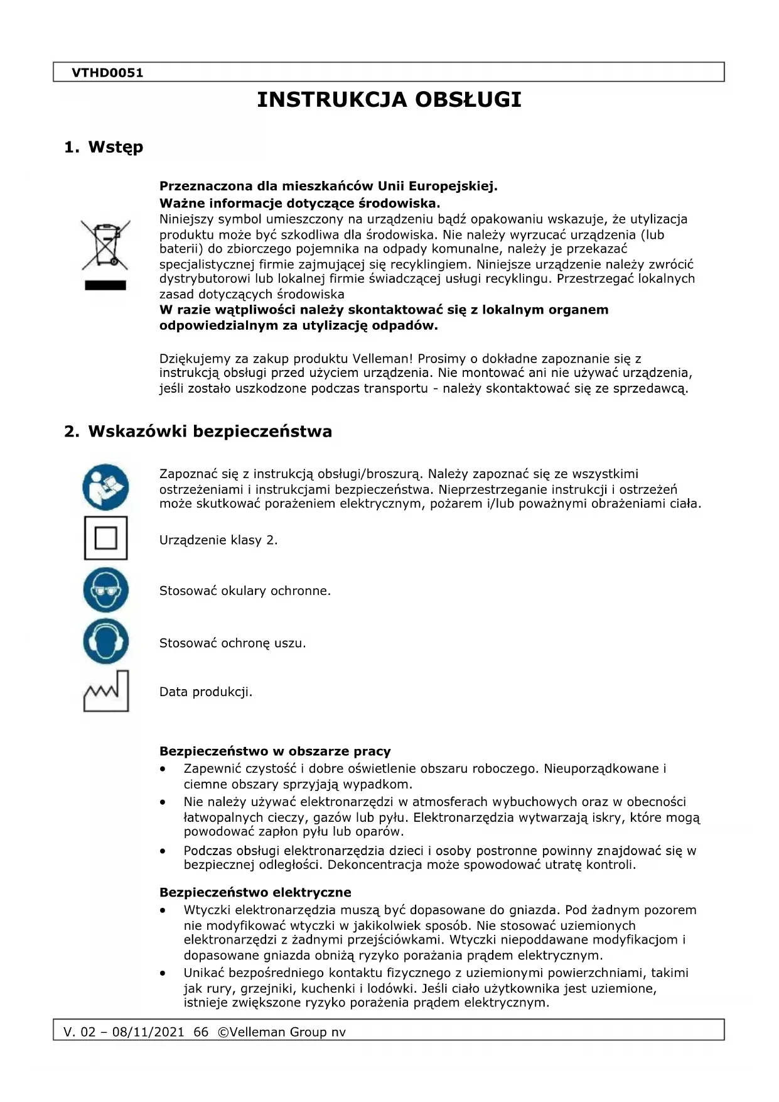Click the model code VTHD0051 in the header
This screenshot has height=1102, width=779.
pyautogui.click(x=107, y=73)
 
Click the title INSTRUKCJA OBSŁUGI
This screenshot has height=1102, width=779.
pyautogui.click(x=389, y=100)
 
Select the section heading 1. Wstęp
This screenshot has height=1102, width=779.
pyautogui.click(x=104, y=147)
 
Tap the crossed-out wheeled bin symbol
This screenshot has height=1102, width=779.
pyautogui.click(x=105, y=244)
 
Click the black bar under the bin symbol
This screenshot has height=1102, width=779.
pyautogui.click(x=105, y=285)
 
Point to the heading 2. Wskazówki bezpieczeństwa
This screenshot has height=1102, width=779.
pyautogui.click(x=198, y=432)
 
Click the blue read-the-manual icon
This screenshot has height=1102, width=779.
pyautogui.click(x=105, y=487)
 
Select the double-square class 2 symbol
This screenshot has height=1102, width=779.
pyautogui.click(x=105, y=538)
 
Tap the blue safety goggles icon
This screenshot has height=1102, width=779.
pyautogui.click(x=105, y=590)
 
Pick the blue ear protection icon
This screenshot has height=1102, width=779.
pyautogui.click(x=105, y=641)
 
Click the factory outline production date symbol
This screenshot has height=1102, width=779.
pyautogui.click(x=105, y=692)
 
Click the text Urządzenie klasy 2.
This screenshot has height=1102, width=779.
pyautogui.click(x=218, y=540)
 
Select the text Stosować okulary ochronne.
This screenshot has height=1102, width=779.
pyautogui.click(x=245, y=591)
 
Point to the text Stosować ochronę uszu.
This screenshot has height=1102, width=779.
pyautogui.click(x=232, y=643)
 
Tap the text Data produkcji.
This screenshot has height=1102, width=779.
pyautogui.click(x=206, y=692)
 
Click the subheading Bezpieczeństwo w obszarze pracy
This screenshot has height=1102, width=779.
pyautogui.click(x=275, y=751)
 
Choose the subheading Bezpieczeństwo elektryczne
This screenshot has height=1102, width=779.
pyautogui.click(x=255, y=893)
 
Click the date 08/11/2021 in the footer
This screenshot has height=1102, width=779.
pyautogui.click(x=148, y=1032)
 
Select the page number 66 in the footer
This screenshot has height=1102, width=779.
pyautogui.click(x=201, y=1032)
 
